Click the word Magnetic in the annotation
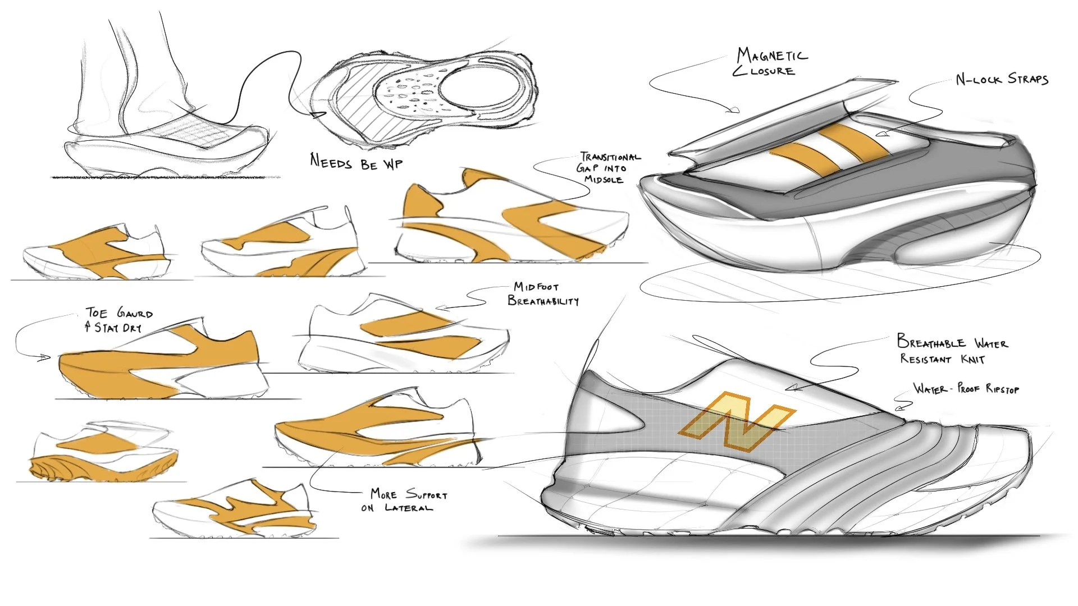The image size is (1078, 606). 773,56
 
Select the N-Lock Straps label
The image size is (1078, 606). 1002,79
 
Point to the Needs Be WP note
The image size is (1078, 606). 356,163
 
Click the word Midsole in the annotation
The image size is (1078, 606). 604,180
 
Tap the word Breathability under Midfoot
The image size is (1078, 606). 543,301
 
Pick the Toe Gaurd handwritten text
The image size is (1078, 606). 119,313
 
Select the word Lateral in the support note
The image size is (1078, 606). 409,508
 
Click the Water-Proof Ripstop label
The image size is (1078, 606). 966,388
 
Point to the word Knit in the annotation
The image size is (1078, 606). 972,359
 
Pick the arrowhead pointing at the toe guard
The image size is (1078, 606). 45,357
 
